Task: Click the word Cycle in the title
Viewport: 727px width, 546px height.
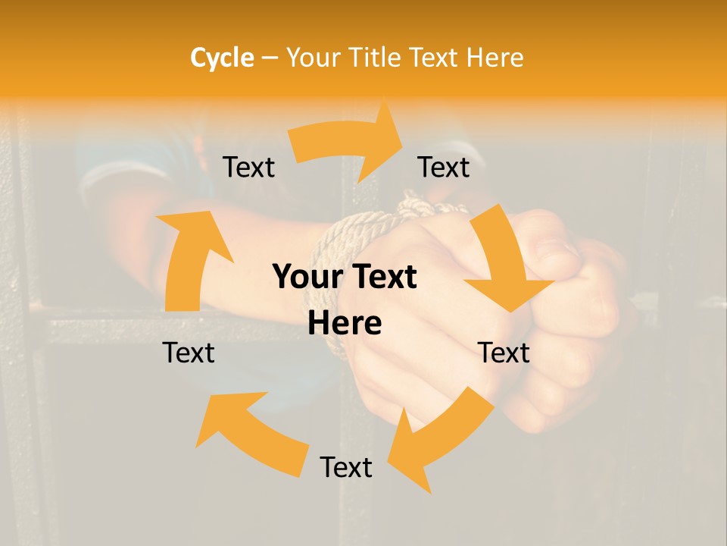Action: pyautogui.click(x=222, y=58)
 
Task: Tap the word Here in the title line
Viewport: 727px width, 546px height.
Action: pyautogui.click(x=495, y=58)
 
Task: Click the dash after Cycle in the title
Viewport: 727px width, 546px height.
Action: pyautogui.click(x=270, y=58)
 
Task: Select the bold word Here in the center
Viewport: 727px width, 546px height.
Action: pyautogui.click(x=345, y=324)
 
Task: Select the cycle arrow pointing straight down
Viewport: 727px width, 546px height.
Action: pyautogui.click(x=504, y=262)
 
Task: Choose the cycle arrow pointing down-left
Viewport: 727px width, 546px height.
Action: pyautogui.click(x=439, y=436)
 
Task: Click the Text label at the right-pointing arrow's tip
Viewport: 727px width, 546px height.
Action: pyautogui.click(x=444, y=167)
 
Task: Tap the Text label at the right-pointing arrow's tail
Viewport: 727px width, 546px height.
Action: pyautogui.click(x=248, y=168)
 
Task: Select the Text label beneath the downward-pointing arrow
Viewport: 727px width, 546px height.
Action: pyautogui.click(x=504, y=353)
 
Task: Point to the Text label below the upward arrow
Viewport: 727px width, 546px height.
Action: pyautogui.click(x=189, y=353)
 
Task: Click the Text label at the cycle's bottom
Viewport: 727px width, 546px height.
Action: pyautogui.click(x=346, y=467)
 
